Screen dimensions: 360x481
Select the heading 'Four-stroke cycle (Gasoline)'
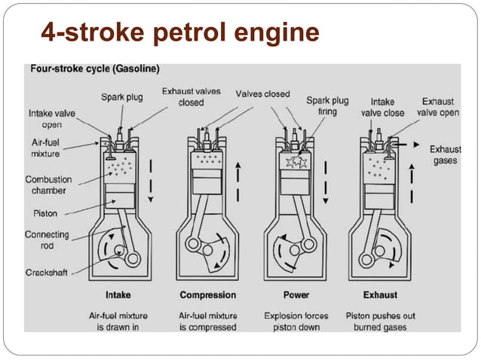[94, 69]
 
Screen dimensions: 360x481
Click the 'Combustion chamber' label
[48, 185]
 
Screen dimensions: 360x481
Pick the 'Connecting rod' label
[47, 240]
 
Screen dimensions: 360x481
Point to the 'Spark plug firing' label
[327, 105]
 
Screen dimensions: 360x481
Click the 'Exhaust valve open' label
[437, 106]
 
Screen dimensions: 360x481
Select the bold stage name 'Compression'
[207, 294]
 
